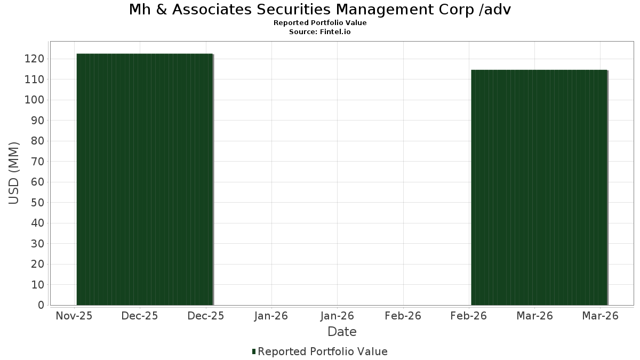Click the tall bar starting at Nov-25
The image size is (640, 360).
145,179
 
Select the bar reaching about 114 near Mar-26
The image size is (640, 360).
539,187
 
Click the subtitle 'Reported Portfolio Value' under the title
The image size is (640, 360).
320,23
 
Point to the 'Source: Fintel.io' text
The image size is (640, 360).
320,31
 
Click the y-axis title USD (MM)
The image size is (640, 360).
14,173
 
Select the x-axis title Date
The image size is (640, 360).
342,332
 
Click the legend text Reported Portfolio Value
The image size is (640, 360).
323,351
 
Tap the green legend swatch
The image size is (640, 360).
254,351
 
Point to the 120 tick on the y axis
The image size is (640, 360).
35,59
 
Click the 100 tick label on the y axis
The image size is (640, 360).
35,100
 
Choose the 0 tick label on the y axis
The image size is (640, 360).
42,305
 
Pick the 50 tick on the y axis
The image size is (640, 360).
38,203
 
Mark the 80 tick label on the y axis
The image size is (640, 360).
38,141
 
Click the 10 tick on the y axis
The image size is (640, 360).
38,285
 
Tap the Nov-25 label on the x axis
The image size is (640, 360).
74,316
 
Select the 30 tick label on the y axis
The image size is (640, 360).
38,244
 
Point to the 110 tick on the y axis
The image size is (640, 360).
35,79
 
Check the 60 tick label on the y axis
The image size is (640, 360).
38,182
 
